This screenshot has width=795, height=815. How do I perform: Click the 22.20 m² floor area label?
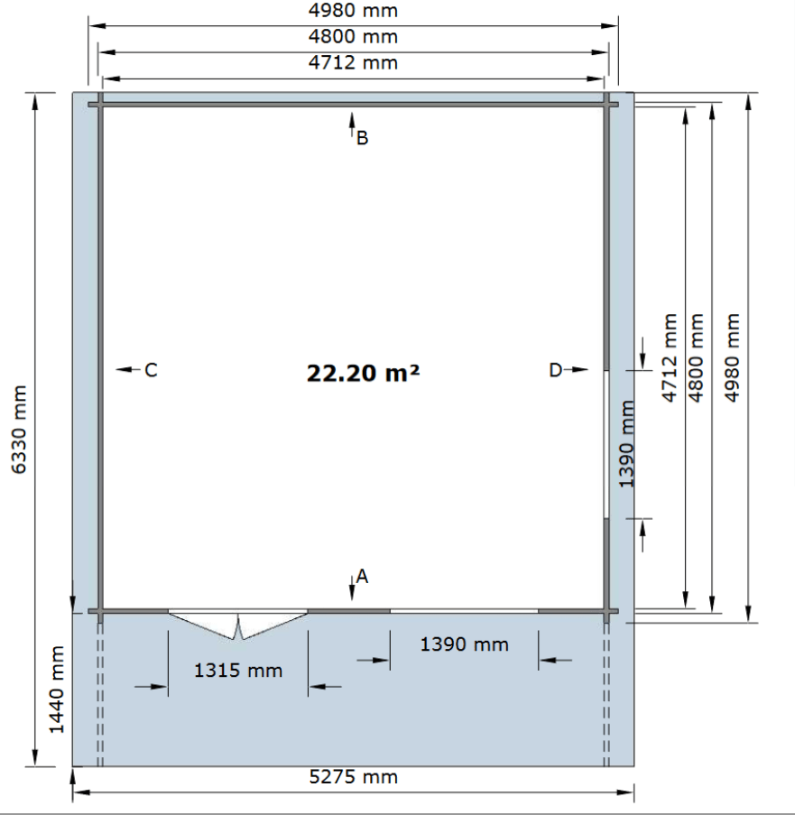point(363,373)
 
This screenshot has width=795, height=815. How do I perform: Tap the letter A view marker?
point(362,577)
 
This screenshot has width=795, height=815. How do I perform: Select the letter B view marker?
point(363,138)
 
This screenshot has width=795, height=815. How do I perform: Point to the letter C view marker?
point(151,370)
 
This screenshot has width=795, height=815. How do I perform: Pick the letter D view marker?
point(556,370)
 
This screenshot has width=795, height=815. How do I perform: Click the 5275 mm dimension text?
point(354,777)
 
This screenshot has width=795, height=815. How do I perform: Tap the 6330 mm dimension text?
point(19,430)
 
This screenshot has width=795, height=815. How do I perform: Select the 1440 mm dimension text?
point(56,690)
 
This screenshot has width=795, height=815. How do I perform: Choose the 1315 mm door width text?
point(238,671)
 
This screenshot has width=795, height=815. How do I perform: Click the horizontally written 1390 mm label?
point(464,644)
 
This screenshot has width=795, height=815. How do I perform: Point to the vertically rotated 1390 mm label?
point(626,444)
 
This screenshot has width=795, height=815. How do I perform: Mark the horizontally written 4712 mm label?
point(354,62)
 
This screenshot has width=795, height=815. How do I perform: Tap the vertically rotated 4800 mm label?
point(695,357)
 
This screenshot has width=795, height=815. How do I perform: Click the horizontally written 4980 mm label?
point(354,11)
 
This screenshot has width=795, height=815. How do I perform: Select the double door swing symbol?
point(238,625)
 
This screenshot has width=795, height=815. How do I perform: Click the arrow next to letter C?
point(128,369)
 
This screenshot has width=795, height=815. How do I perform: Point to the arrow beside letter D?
point(576,369)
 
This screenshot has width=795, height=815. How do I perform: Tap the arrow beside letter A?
point(352,588)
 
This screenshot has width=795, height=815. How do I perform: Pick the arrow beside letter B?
point(352,125)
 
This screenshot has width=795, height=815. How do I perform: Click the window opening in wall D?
point(606,444)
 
